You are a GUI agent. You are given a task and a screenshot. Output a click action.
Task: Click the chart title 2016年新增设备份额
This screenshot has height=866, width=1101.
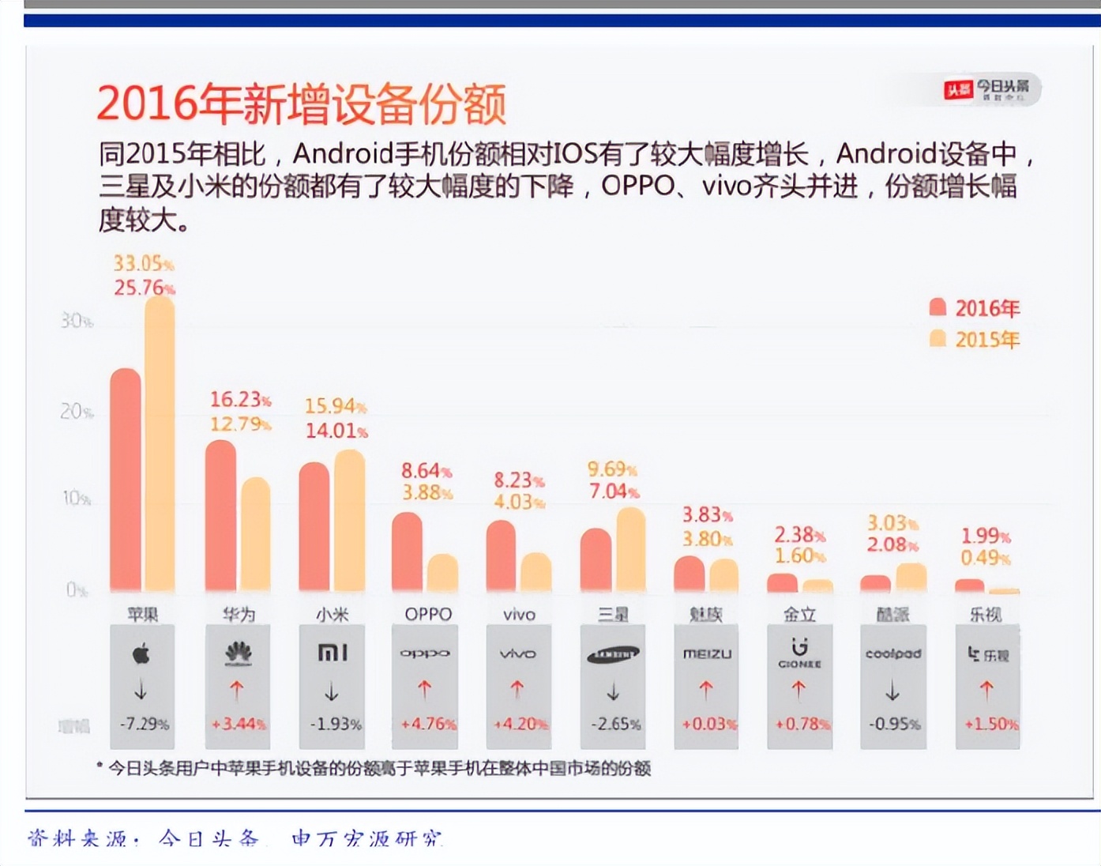click(301, 104)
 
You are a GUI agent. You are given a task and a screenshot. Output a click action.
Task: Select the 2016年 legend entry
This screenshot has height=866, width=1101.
click(975, 308)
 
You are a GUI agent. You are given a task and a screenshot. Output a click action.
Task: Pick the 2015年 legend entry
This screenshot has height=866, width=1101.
click(975, 340)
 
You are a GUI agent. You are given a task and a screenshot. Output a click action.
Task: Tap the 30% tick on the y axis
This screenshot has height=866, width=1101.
click(76, 321)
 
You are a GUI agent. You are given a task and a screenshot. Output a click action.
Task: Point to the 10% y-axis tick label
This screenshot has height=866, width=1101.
click(76, 499)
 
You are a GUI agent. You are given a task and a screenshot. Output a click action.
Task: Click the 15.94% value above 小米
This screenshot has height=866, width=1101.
click(336, 406)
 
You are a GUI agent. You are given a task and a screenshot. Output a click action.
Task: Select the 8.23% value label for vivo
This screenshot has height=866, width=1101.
click(519, 480)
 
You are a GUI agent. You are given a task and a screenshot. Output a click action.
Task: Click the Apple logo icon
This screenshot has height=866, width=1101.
click(141, 653)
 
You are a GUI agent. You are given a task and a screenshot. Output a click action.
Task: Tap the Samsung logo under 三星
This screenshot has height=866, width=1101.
click(613, 654)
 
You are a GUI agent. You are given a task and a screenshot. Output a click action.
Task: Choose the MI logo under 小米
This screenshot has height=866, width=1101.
click(332, 653)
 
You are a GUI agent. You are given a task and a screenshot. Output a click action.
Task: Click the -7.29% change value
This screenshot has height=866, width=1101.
click(144, 724)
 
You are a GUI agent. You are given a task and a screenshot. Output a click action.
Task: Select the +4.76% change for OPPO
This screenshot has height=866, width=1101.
click(427, 724)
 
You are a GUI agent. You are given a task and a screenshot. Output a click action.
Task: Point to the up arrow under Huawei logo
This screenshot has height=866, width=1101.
click(237, 691)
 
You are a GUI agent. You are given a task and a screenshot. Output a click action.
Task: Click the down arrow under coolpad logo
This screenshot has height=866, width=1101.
click(892, 691)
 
